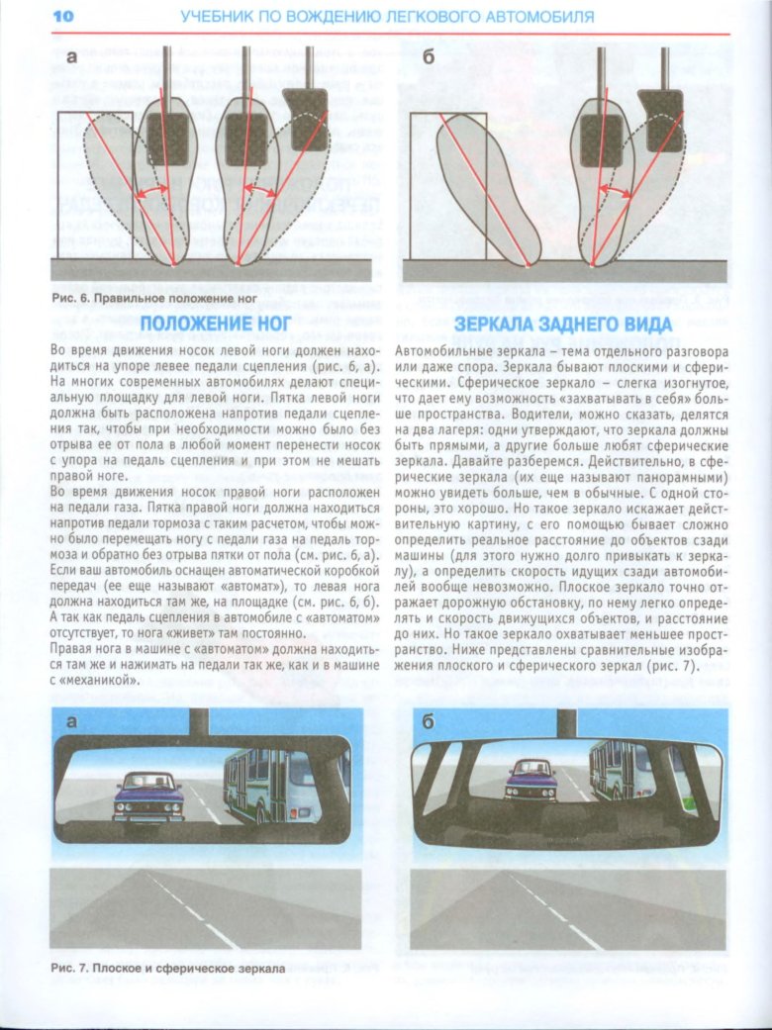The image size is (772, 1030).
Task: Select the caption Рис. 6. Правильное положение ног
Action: pyautogui.click(x=152, y=297)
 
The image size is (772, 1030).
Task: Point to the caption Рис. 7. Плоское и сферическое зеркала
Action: pyautogui.click(x=167, y=970)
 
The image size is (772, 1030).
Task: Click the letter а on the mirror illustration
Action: pyautogui.click(x=70, y=722)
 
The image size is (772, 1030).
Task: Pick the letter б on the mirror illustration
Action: pyautogui.click(x=429, y=722)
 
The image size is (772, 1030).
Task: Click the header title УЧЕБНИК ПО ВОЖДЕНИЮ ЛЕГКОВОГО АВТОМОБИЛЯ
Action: pyautogui.click(x=387, y=17)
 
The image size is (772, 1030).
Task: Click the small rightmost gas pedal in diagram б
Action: pyautogui.click(x=660, y=106)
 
